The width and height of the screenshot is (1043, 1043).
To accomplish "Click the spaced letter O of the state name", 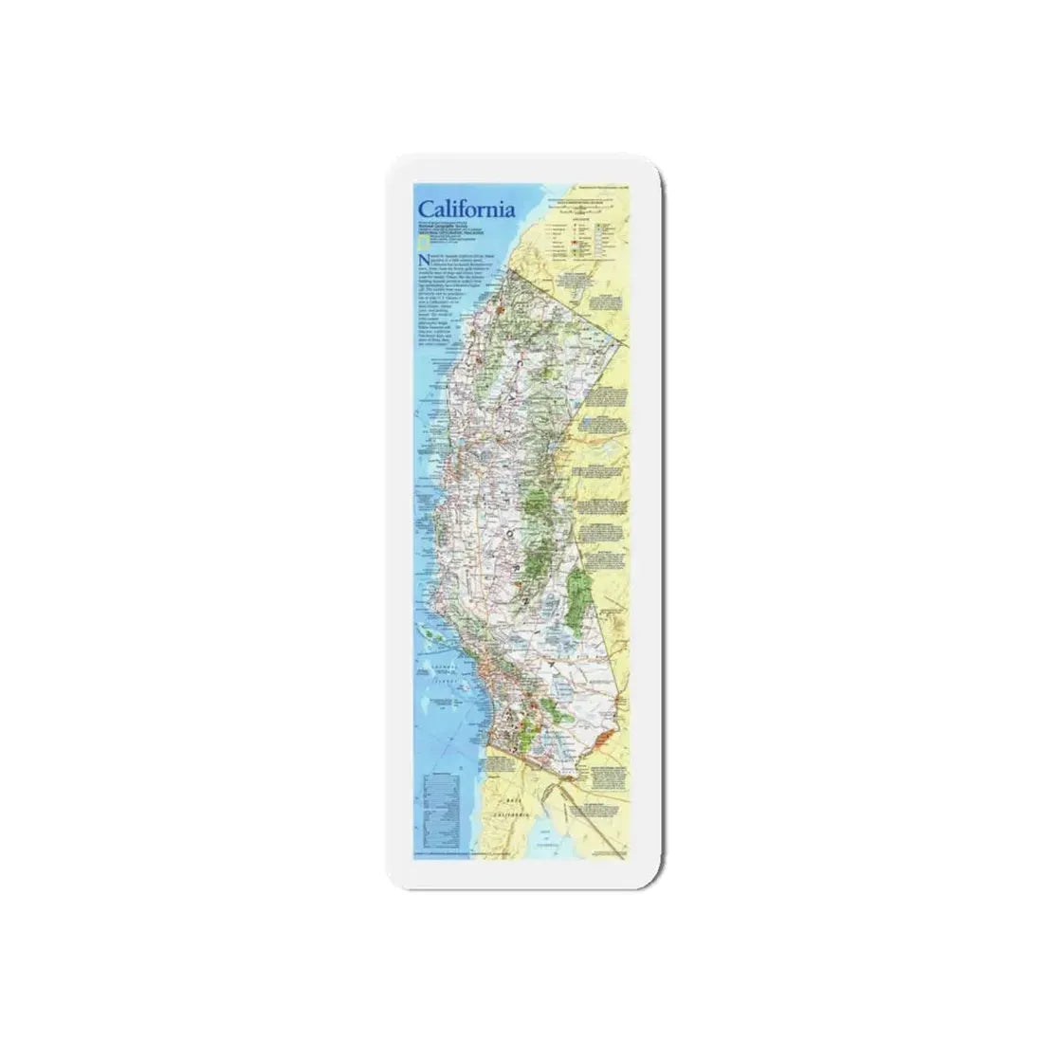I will click(513, 532).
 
